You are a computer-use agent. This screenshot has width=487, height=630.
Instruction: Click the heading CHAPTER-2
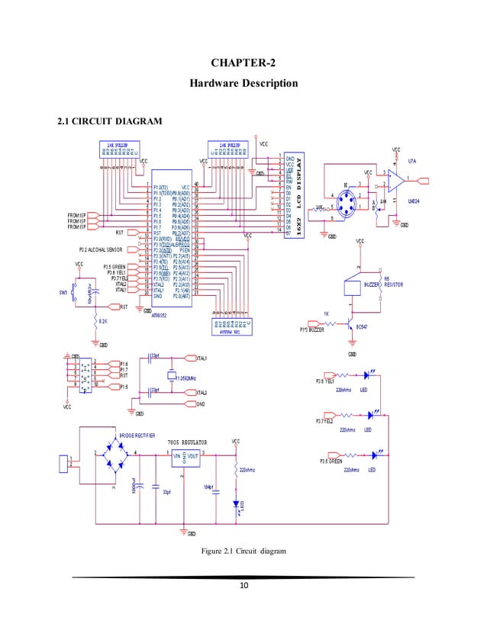[243, 61]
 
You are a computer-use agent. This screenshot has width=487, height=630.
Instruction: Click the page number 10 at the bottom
[244, 586]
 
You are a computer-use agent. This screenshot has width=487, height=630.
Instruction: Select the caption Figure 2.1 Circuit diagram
[243, 551]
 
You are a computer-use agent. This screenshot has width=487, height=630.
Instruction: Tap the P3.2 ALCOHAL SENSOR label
[106, 249]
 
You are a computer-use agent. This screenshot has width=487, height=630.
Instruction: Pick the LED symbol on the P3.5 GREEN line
[375, 455]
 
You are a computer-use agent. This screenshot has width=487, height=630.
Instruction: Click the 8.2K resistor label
[102, 323]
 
